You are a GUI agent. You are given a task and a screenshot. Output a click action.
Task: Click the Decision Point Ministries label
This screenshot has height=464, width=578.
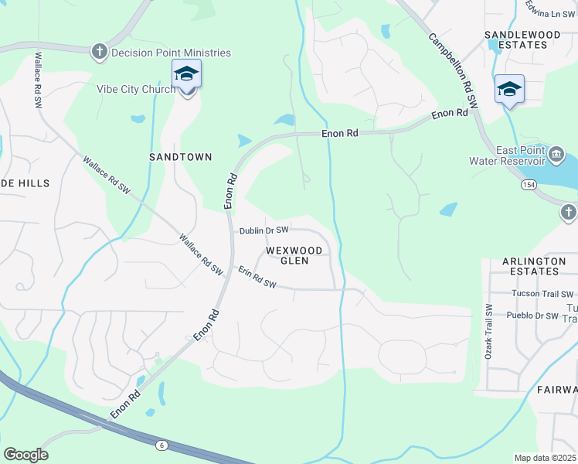click(x=171, y=53)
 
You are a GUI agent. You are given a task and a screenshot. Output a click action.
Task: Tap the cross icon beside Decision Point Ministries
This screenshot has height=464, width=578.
click(x=99, y=52)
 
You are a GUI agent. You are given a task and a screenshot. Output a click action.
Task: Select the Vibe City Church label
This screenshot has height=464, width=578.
click(x=136, y=89)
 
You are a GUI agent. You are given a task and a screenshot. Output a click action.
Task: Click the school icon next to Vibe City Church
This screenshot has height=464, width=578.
click(x=186, y=75)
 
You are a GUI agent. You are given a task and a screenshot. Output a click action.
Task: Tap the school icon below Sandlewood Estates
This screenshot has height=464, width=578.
click(x=509, y=90)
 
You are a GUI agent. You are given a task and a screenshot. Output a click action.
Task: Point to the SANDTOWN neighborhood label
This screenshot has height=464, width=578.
click(x=180, y=156)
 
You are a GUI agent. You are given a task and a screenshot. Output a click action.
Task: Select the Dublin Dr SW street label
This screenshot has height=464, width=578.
click(x=263, y=230)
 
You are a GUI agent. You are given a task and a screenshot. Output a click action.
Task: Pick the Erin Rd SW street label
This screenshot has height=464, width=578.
click(x=257, y=278)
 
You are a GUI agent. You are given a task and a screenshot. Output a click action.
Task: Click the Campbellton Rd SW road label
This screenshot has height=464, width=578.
click(x=454, y=70)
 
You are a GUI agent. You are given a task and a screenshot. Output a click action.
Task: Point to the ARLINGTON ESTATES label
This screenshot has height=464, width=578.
click(x=534, y=266)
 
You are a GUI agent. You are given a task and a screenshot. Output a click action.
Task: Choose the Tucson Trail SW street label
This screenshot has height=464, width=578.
click(x=542, y=294)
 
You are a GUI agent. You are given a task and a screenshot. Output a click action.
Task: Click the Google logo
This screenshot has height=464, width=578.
click(x=25, y=454)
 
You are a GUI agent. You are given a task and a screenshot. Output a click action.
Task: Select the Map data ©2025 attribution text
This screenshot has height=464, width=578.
click(x=545, y=458)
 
